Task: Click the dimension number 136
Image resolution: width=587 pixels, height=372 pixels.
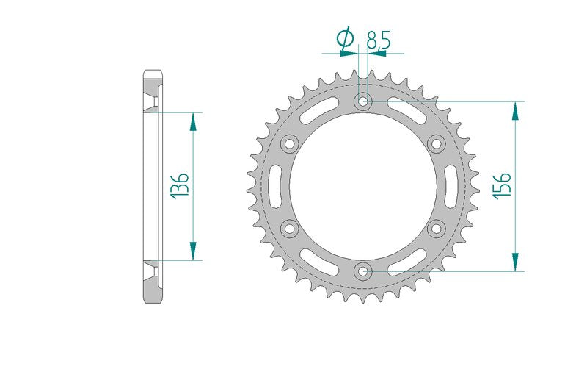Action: click(179, 185)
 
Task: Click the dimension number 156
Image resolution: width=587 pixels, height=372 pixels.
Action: click(502, 185)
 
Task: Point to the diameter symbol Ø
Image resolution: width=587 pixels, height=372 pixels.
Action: click(345, 38)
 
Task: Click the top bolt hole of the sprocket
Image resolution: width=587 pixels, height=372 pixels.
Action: click(362, 101)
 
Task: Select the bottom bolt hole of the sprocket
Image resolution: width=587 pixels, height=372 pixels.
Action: click(362, 271)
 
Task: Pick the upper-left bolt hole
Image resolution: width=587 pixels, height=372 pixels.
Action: click(289, 143)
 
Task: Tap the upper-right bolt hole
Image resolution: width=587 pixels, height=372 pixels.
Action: click(436, 143)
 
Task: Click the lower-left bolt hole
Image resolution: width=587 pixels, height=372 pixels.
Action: click(289, 229)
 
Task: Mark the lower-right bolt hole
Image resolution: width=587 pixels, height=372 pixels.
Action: click(436, 229)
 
